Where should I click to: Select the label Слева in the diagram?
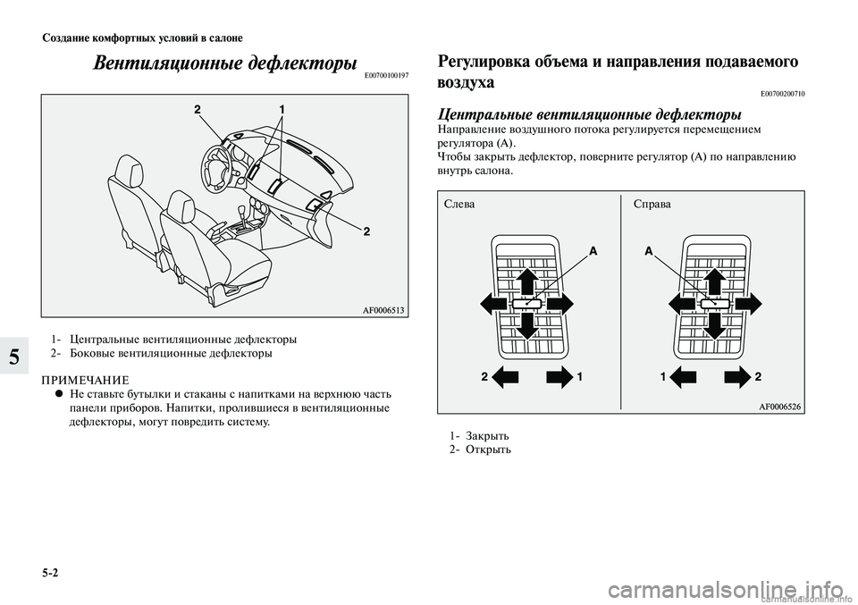459,204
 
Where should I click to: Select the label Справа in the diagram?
651,204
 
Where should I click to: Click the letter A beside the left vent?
592,253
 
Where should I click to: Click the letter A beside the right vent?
649,253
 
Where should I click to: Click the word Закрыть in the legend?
490,435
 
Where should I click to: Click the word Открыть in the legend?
490,449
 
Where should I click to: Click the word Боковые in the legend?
94,353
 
